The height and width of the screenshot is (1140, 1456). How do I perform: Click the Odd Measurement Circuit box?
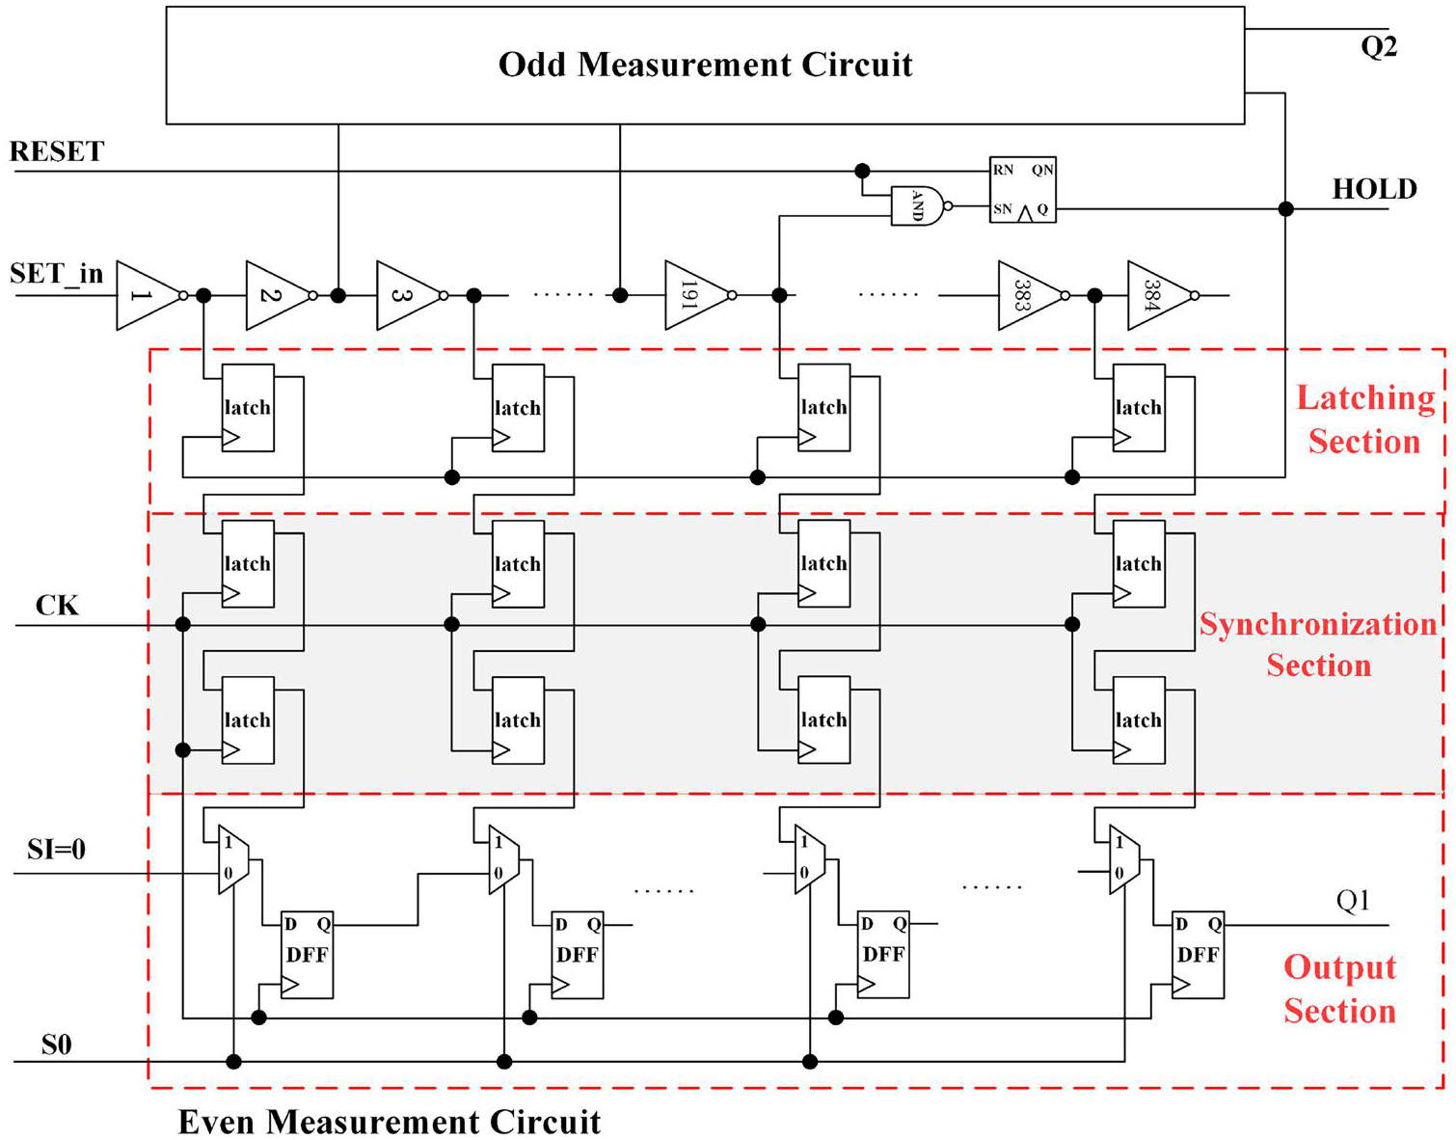pyautogui.click(x=705, y=66)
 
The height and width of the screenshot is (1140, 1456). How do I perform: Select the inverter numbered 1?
pyautogui.click(x=146, y=295)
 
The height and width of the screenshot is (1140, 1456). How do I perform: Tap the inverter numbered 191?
pyautogui.click(x=694, y=295)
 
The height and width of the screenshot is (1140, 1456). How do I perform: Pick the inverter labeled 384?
pyautogui.click(x=1157, y=295)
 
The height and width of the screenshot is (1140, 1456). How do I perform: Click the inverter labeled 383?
pyautogui.click(x=1028, y=295)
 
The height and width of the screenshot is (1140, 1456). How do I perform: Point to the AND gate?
pyautogui.click(x=916, y=205)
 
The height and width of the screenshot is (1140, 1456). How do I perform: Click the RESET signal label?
pyautogui.click(x=57, y=151)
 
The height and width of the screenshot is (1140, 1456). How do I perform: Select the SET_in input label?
pyautogui.click(x=56, y=274)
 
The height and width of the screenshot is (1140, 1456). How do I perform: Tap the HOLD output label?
pyautogui.click(x=1374, y=189)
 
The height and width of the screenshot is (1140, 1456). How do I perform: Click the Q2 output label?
pyautogui.click(x=1379, y=47)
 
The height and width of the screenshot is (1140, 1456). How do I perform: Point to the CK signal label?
pyautogui.click(x=57, y=606)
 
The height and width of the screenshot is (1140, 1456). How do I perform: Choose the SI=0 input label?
pyautogui.click(x=56, y=850)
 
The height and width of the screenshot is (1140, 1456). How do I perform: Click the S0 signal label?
pyautogui.click(x=56, y=1045)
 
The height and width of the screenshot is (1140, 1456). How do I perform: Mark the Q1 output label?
pyautogui.click(x=1353, y=901)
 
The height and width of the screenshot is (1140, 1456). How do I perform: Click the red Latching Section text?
pyautogui.click(x=1364, y=420)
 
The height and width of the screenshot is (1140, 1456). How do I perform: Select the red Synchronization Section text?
pyautogui.click(x=1318, y=644)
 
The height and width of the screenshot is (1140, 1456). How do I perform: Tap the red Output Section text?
pyautogui.click(x=1339, y=989)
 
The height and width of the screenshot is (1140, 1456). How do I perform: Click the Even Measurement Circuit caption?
pyautogui.click(x=390, y=1122)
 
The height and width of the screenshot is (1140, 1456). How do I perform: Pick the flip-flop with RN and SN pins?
pyautogui.click(x=1023, y=189)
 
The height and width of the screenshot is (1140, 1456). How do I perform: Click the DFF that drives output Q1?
pyautogui.click(x=1198, y=955)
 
